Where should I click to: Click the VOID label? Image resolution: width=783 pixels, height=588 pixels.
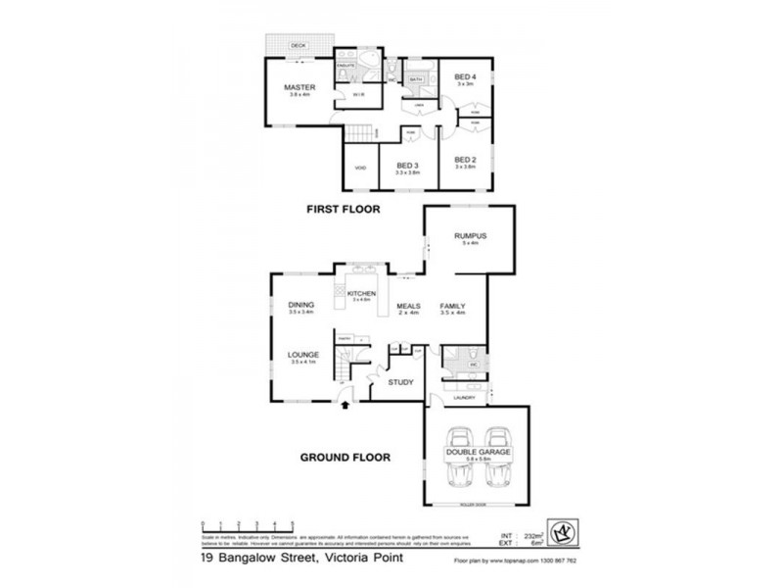coord(359,168)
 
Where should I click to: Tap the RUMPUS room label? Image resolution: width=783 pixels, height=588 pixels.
coord(471,237)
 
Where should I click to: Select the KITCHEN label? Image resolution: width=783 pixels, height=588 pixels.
coord(362,294)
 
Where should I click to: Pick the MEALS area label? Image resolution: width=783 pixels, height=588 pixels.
coord(408,306)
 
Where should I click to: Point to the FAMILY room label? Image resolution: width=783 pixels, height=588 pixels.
coord(451,306)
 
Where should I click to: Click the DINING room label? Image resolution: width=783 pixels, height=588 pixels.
coord(300,305)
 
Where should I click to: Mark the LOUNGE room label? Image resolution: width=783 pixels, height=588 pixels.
coord(300,356)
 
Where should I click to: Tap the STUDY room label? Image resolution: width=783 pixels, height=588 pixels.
coord(401,382)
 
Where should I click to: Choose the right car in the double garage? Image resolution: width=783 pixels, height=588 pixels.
coord(498,461)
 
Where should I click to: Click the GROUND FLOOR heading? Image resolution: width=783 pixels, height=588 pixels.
coord(346,457)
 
